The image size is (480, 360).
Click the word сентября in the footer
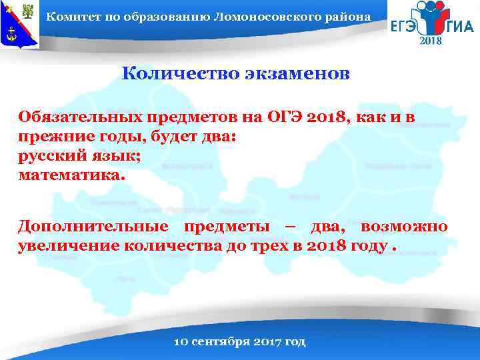click(225, 341)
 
